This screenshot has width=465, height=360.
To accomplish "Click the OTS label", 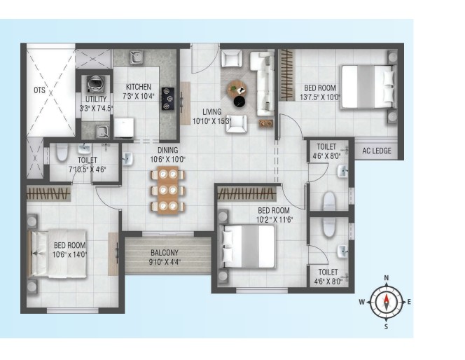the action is (x=39, y=90).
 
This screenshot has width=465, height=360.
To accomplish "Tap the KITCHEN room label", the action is (x=139, y=87).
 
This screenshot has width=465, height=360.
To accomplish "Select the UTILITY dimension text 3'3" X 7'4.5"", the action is (x=97, y=109).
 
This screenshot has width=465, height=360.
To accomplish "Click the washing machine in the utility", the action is (x=95, y=83).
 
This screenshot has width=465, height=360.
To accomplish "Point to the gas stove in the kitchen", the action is (x=167, y=99).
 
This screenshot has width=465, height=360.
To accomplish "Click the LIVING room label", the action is (x=211, y=112).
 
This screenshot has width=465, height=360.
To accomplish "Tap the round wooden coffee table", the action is (x=237, y=88).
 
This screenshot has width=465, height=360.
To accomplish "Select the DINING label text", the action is (x=167, y=150).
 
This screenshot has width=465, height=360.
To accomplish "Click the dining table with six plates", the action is (x=168, y=190).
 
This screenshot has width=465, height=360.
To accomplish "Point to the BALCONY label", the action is (x=165, y=253).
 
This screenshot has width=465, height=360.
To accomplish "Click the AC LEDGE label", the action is (x=377, y=151).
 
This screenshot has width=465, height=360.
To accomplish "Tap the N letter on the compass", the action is (x=387, y=278).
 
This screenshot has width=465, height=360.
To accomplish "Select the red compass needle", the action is (x=387, y=302).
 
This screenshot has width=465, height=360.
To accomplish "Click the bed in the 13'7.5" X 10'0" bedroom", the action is (x=368, y=87).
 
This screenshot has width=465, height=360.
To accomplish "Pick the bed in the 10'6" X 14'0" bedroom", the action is (x=57, y=254).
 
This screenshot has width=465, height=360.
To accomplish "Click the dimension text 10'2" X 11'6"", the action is (x=275, y=220).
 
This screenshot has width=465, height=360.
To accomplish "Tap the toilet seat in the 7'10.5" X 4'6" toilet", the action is (x=62, y=152).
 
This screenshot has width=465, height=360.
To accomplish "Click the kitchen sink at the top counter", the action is (x=137, y=57).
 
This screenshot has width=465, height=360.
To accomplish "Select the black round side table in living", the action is (x=240, y=102).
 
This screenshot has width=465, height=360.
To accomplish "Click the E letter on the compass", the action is (x=409, y=302).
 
